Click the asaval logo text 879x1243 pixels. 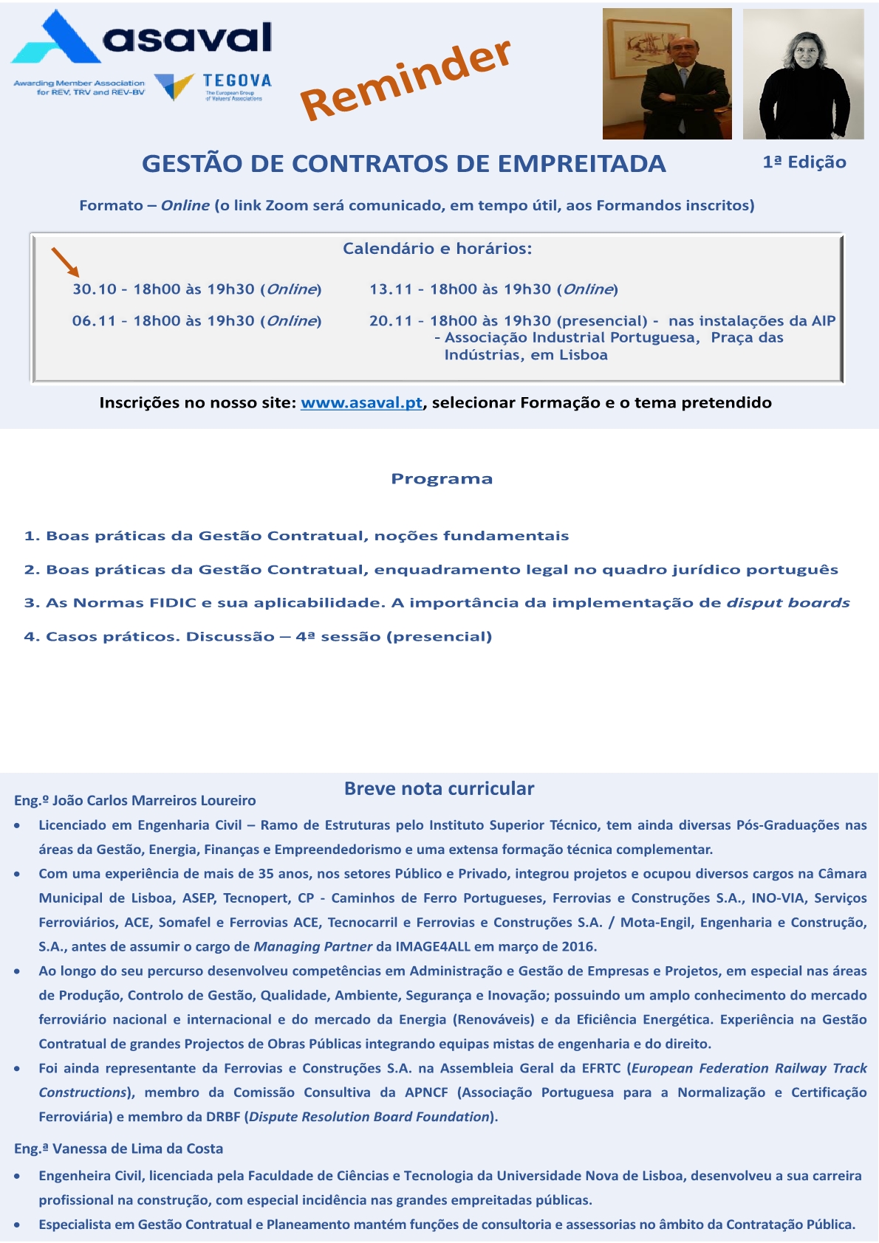point(188,37)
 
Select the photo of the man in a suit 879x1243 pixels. point(667,74)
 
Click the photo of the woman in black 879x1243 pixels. point(803,74)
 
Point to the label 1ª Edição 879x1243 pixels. point(804,162)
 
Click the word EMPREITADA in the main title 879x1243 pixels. point(582,164)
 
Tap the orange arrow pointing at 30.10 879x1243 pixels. point(65,262)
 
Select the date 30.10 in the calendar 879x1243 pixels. point(95,289)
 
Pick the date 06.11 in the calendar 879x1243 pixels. point(94,321)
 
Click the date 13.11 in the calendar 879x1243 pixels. point(391,289)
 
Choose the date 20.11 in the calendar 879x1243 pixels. point(391,321)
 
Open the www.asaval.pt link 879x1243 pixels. point(361,403)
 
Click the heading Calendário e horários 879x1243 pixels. point(437,249)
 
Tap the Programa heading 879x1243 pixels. point(442,479)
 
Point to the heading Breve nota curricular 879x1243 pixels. point(439,788)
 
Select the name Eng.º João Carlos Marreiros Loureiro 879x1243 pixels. point(135,801)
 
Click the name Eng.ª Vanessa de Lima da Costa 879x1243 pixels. point(118,1149)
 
